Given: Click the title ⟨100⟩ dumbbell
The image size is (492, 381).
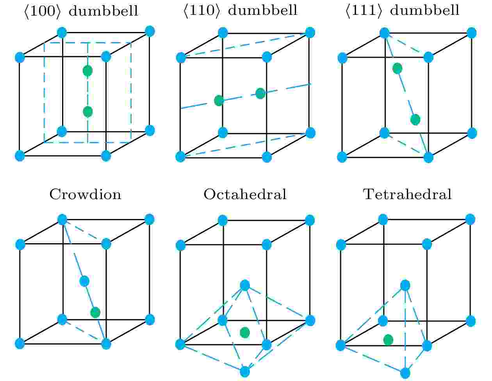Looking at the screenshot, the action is (81, 11).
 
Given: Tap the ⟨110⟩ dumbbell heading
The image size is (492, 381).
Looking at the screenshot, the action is (240, 11).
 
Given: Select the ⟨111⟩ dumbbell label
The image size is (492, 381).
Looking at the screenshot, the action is (402, 11).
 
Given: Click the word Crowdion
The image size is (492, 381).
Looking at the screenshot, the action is (86, 194).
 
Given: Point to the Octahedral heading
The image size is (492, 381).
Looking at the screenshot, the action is (245, 194).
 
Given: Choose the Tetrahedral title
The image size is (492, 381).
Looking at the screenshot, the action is (408, 194).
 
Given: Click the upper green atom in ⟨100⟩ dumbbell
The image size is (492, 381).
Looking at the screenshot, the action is (87, 71).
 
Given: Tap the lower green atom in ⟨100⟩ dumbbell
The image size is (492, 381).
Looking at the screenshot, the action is (88, 112).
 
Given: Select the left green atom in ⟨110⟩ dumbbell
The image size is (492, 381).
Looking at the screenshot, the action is (219, 101).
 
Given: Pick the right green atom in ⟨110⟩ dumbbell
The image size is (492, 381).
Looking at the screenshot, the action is (260, 93).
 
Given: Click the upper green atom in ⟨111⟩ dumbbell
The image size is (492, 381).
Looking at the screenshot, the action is (397, 68).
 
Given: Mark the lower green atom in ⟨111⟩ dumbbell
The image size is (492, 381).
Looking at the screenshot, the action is (415, 120).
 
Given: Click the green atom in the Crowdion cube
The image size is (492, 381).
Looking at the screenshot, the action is (95, 313).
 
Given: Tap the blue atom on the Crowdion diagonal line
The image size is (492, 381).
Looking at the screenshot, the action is (84, 281).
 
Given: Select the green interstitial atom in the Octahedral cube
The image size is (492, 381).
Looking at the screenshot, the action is (245, 333).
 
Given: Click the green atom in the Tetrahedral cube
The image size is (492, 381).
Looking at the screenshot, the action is (388, 340).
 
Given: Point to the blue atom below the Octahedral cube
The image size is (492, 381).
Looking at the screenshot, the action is (245, 372).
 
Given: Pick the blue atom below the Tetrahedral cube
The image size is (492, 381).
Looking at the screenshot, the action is (405, 373).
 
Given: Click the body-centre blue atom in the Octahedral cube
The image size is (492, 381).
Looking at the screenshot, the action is (245, 285).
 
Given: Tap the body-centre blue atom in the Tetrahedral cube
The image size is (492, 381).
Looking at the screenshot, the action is (405, 285).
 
